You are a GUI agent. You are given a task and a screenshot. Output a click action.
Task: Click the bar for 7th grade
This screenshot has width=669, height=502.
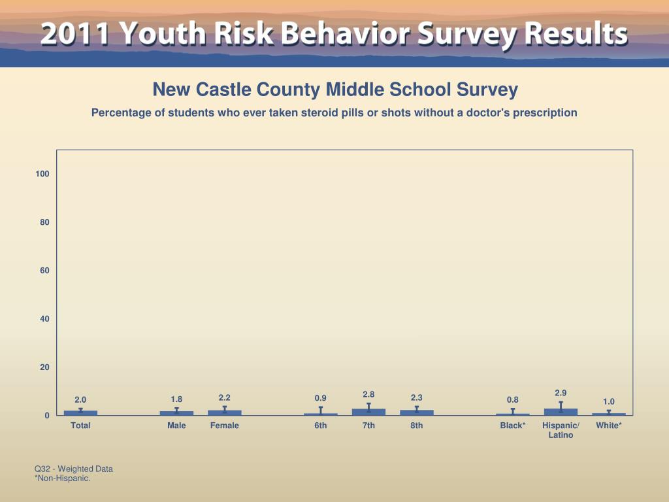click(x=368, y=412)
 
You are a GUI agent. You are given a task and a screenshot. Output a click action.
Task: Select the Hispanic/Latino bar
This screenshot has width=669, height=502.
click(x=561, y=412)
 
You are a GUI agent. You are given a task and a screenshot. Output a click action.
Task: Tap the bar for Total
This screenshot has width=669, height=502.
click(x=80, y=413)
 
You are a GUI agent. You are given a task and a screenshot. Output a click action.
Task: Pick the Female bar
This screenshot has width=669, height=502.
click(x=224, y=412)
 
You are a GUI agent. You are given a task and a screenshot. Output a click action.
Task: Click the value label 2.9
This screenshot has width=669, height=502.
click(x=561, y=393)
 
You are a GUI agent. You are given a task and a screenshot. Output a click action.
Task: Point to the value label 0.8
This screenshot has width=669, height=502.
click(x=513, y=399)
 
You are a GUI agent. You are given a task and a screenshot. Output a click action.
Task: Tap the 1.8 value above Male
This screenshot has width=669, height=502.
click(x=176, y=399)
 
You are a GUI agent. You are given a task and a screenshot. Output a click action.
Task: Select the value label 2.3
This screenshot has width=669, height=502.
click(x=417, y=397)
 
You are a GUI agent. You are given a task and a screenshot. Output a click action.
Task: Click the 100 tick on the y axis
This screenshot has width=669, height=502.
click(x=42, y=174)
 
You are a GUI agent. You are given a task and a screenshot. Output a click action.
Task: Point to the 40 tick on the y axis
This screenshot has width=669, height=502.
click(x=44, y=319)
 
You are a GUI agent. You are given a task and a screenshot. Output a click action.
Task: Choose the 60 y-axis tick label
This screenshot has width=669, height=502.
click(x=44, y=271)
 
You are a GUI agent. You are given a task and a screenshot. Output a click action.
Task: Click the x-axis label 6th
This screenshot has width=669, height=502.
click(x=320, y=426)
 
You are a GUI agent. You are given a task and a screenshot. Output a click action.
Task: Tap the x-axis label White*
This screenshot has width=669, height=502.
click(x=609, y=426)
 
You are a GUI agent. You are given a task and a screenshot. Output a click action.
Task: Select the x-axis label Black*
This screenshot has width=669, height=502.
click(x=513, y=426)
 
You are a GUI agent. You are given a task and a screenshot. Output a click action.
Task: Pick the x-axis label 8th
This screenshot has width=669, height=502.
click(x=417, y=426)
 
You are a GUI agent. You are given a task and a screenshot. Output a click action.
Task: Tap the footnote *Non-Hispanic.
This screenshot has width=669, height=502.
click(x=62, y=478)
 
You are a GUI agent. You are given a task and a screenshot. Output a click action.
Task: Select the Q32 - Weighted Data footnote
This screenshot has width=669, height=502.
click(x=74, y=469)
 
